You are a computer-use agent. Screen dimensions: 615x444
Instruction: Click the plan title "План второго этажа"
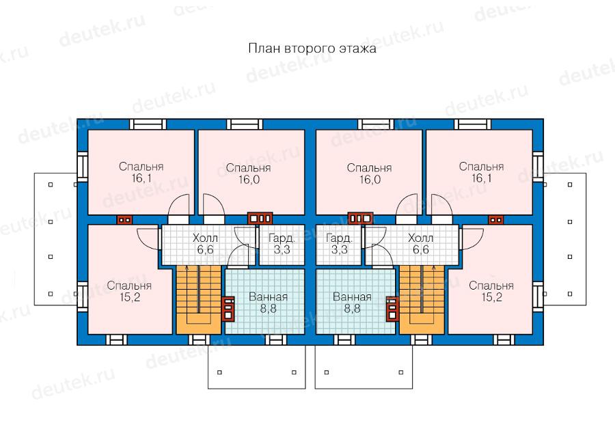tap(312, 48)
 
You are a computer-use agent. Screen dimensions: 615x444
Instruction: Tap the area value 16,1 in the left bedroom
tap(141, 178)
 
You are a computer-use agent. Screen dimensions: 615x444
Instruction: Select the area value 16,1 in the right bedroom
tap(482, 178)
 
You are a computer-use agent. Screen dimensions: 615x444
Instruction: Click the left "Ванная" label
tap(269, 297)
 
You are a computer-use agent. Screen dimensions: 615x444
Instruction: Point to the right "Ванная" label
tap(352, 297)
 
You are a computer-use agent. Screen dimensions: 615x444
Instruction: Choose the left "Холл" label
tap(205, 238)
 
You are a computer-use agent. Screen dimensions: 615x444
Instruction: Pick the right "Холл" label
tap(420, 238)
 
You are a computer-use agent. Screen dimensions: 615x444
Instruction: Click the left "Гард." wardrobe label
tap(282, 238)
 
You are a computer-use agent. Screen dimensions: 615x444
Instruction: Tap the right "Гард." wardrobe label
tap(339, 238)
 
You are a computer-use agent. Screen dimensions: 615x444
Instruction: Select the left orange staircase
tap(199, 300)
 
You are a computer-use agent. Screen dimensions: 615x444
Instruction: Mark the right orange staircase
tap(422, 300)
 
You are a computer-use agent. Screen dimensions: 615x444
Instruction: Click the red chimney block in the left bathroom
tap(228, 308)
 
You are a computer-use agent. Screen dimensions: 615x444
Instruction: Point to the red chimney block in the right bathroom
tap(392, 308)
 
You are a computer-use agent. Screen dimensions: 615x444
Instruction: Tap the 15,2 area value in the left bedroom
tap(130, 297)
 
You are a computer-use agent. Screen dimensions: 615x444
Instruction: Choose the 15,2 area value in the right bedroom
tap(491, 297)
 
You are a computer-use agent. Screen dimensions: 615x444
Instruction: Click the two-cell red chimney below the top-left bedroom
tap(125, 220)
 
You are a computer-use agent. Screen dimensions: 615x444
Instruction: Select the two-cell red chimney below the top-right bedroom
tap(496, 220)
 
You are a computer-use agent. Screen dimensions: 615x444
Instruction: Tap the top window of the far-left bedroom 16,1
tap(148, 124)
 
